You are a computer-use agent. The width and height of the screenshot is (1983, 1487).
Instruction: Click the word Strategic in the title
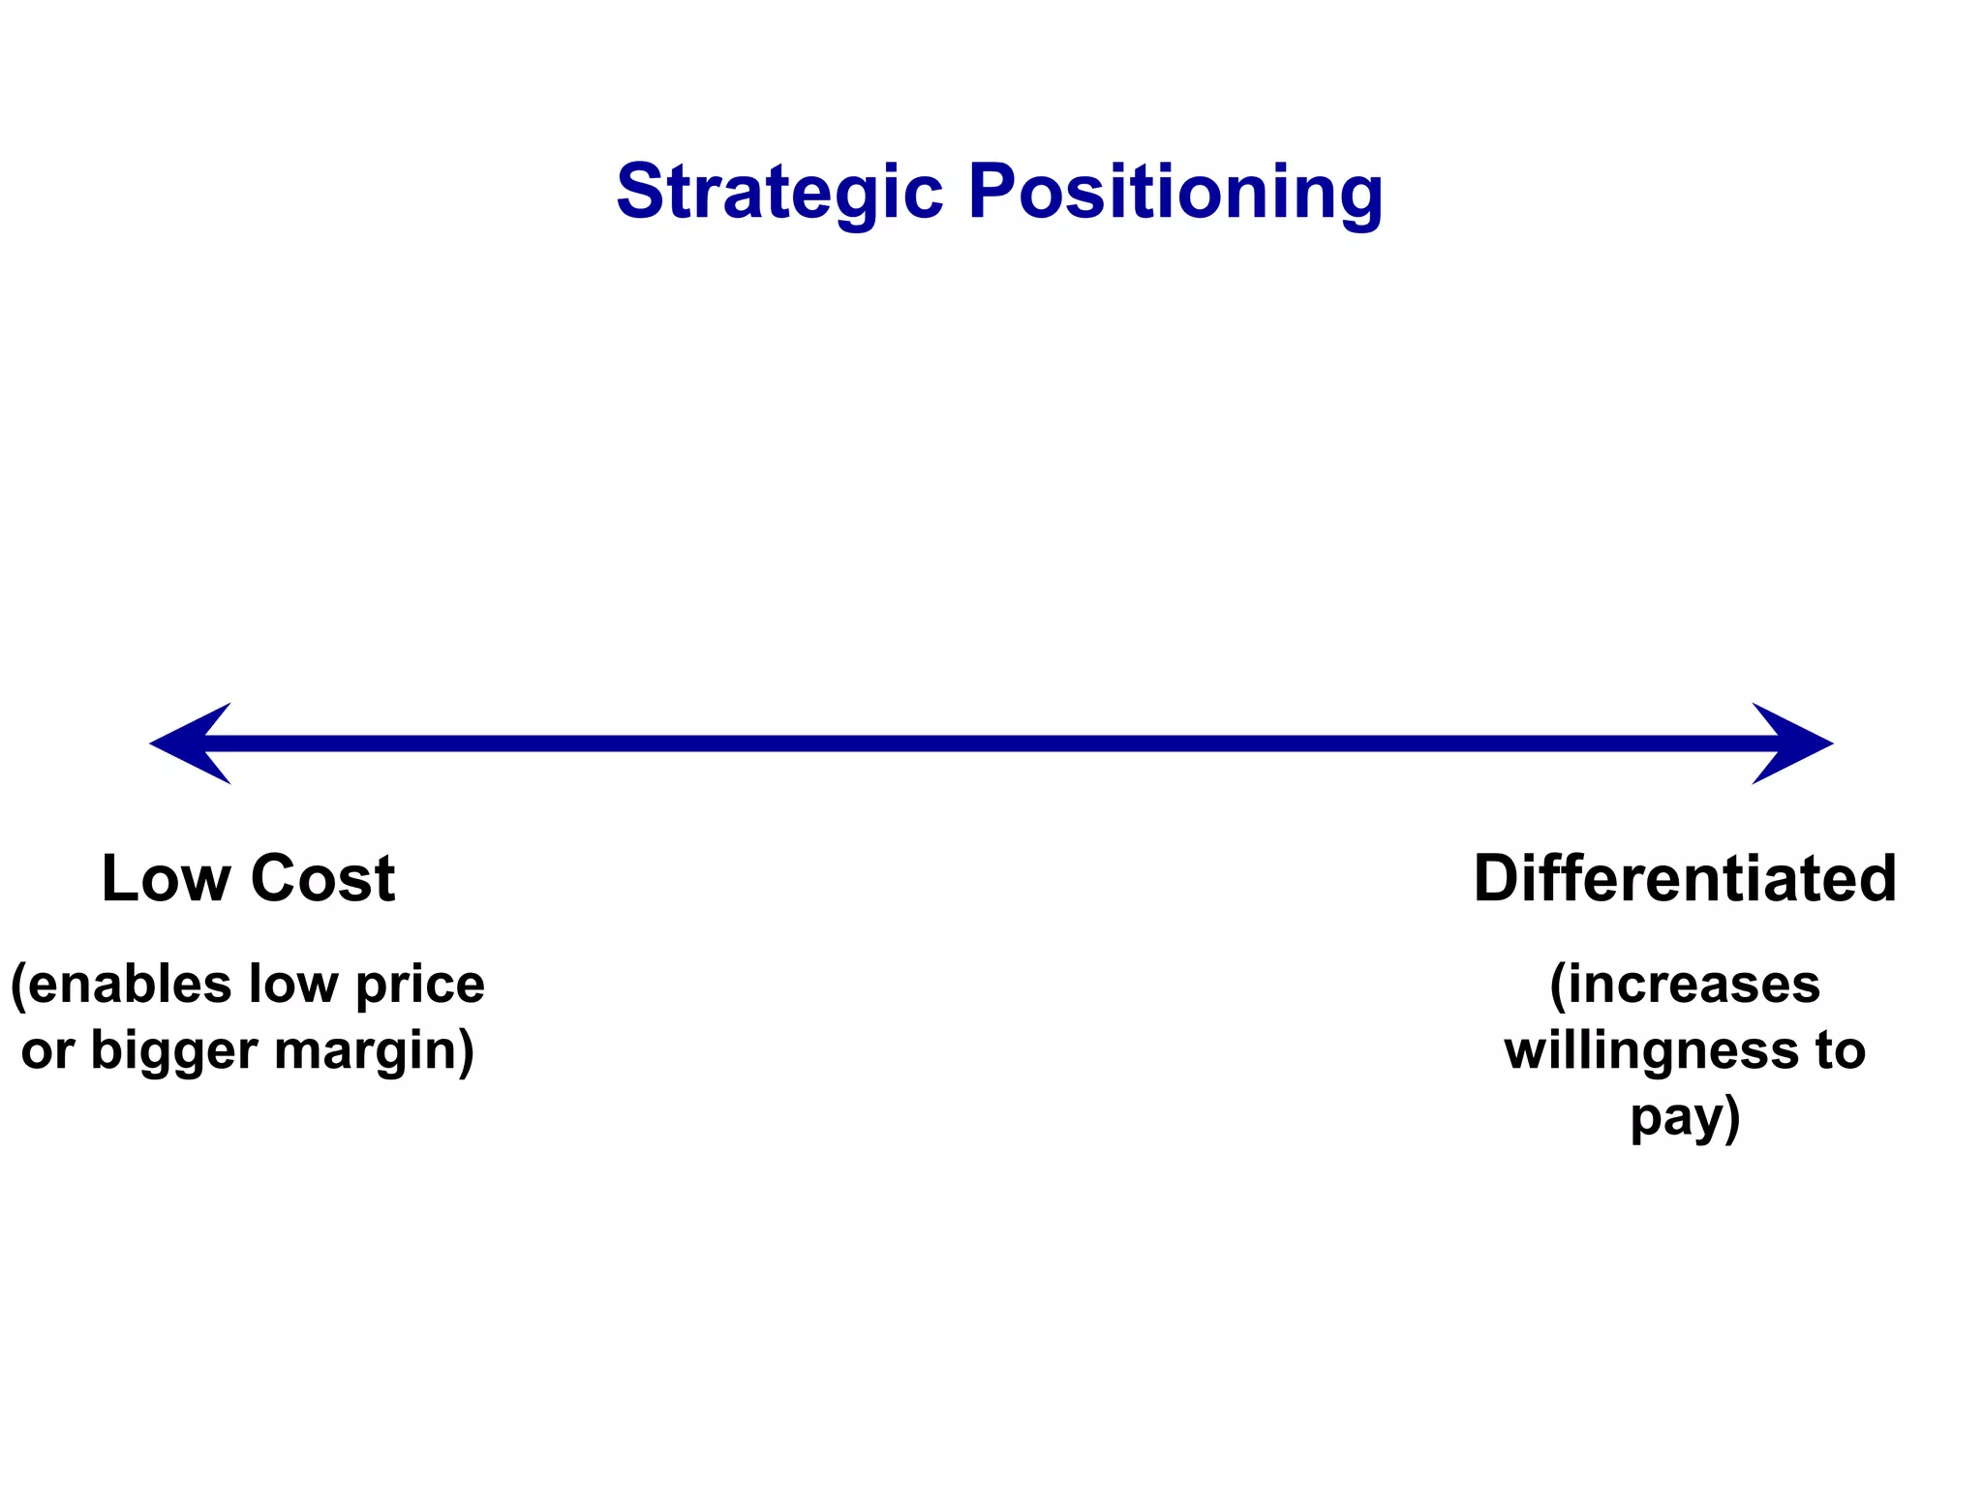click(x=779, y=193)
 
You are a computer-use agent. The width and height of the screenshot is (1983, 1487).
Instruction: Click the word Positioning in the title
click(x=1175, y=193)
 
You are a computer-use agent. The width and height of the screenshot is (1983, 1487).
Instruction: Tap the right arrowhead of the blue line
click(x=1792, y=743)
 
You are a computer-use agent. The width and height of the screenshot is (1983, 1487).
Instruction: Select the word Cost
click(x=322, y=879)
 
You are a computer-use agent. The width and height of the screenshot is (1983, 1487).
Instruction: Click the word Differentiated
click(x=1685, y=879)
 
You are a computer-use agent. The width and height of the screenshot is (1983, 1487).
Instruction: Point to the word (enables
click(x=121, y=985)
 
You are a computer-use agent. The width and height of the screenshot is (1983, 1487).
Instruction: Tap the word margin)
click(x=375, y=1051)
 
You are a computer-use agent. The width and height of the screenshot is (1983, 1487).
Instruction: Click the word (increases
click(x=1685, y=985)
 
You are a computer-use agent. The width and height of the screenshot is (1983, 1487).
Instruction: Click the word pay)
click(x=1685, y=1119)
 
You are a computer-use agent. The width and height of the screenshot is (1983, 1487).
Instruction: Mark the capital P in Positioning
click(x=993, y=192)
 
